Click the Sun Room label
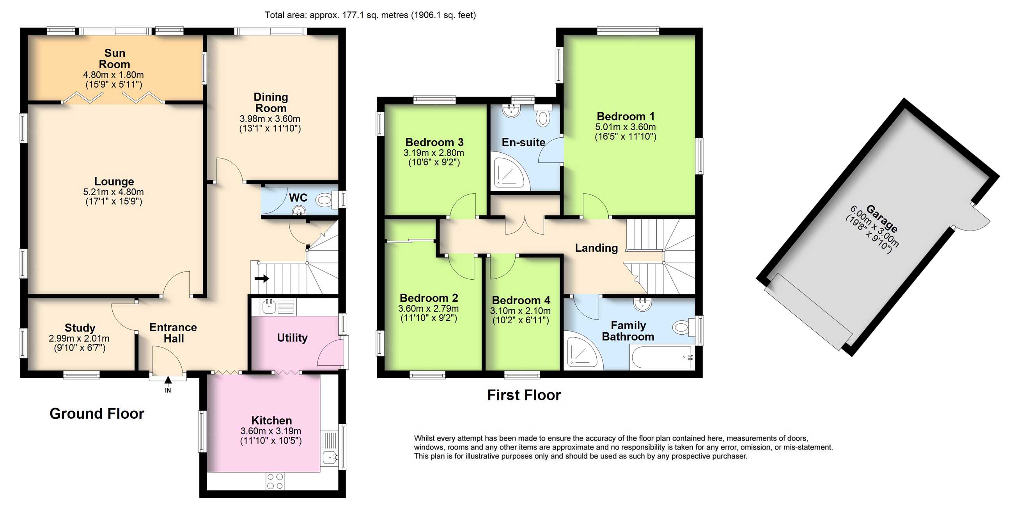coord(115,58)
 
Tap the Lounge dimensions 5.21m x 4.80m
coord(113,192)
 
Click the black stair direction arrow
coord(262,279)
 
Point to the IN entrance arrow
coord(168,380)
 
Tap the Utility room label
coord(292,338)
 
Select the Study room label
coord(80,328)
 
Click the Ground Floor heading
coord(97,414)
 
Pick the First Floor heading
coord(524,395)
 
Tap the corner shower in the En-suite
coord(508,173)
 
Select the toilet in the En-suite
coord(543,116)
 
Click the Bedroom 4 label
coord(521,300)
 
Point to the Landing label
coord(596,248)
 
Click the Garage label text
coord(882,219)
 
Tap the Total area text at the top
coord(370,15)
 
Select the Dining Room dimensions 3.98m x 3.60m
coord(270,119)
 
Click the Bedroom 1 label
coord(626,116)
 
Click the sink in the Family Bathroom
coord(642,304)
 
